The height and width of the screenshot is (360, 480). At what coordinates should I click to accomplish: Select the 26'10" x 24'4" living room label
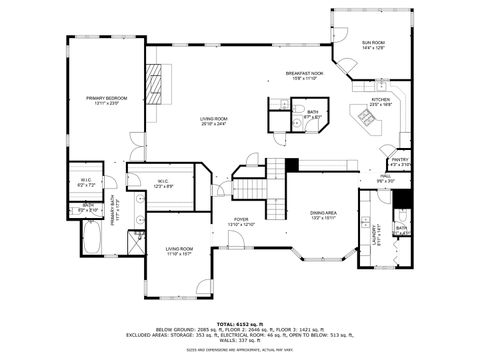tap(214, 121)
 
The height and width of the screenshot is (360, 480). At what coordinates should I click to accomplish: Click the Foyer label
tap(241, 222)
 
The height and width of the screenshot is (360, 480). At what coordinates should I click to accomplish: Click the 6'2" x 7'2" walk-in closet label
tap(87, 183)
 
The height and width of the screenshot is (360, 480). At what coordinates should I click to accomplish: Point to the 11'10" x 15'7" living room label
tap(179, 251)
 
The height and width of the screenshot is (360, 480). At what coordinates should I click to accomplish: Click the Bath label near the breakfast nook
tap(313, 115)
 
